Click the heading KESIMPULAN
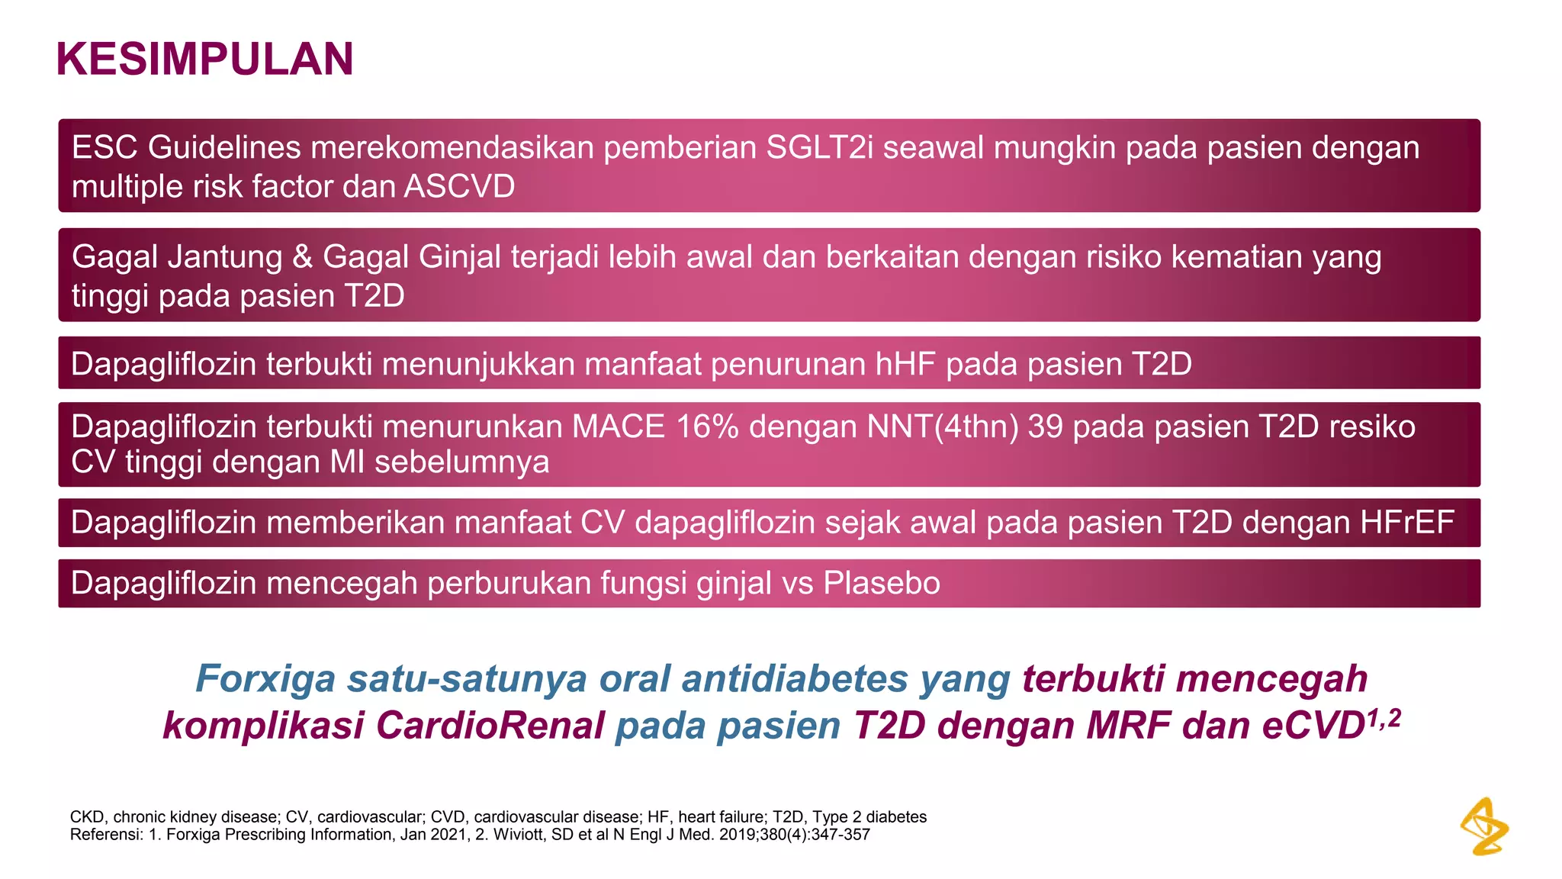(x=204, y=59)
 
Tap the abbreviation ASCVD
(x=460, y=187)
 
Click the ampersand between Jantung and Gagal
(x=303, y=257)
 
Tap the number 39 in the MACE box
(x=1045, y=427)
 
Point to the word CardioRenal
(x=490, y=725)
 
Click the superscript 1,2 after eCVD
(x=1384, y=717)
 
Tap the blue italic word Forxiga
(x=265, y=678)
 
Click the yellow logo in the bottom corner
(x=1484, y=826)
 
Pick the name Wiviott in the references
(x=519, y=835)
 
